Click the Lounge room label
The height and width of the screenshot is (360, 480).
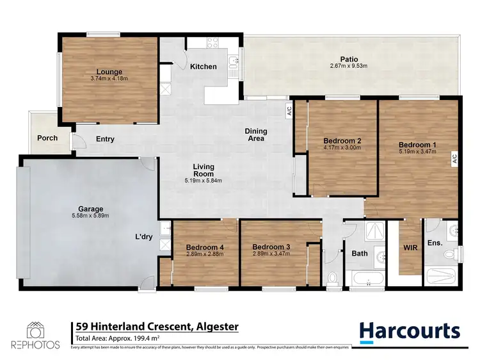(x=109, y=72)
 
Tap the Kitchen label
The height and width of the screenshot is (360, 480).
(x=204, y=67)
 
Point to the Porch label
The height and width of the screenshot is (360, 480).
(x=47, y=138)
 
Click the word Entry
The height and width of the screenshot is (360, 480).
(x=105, y=138)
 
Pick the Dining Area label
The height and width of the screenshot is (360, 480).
(x=256, y=135)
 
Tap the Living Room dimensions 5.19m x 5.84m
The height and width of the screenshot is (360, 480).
(x=204, y=181)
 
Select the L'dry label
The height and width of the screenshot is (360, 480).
(x=143, y=236)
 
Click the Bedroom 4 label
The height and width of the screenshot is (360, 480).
(x=204, y=247)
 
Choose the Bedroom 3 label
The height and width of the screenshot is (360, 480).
(x=271, y=247)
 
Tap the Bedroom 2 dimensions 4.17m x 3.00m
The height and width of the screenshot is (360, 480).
(x=342, y=147)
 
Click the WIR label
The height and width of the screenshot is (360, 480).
(x=410, y=247)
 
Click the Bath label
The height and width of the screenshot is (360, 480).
(x=360, y=254)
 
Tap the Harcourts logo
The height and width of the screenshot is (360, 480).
(x=410, y=331)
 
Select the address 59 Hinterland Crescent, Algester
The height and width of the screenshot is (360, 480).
(x=157, y=327)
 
